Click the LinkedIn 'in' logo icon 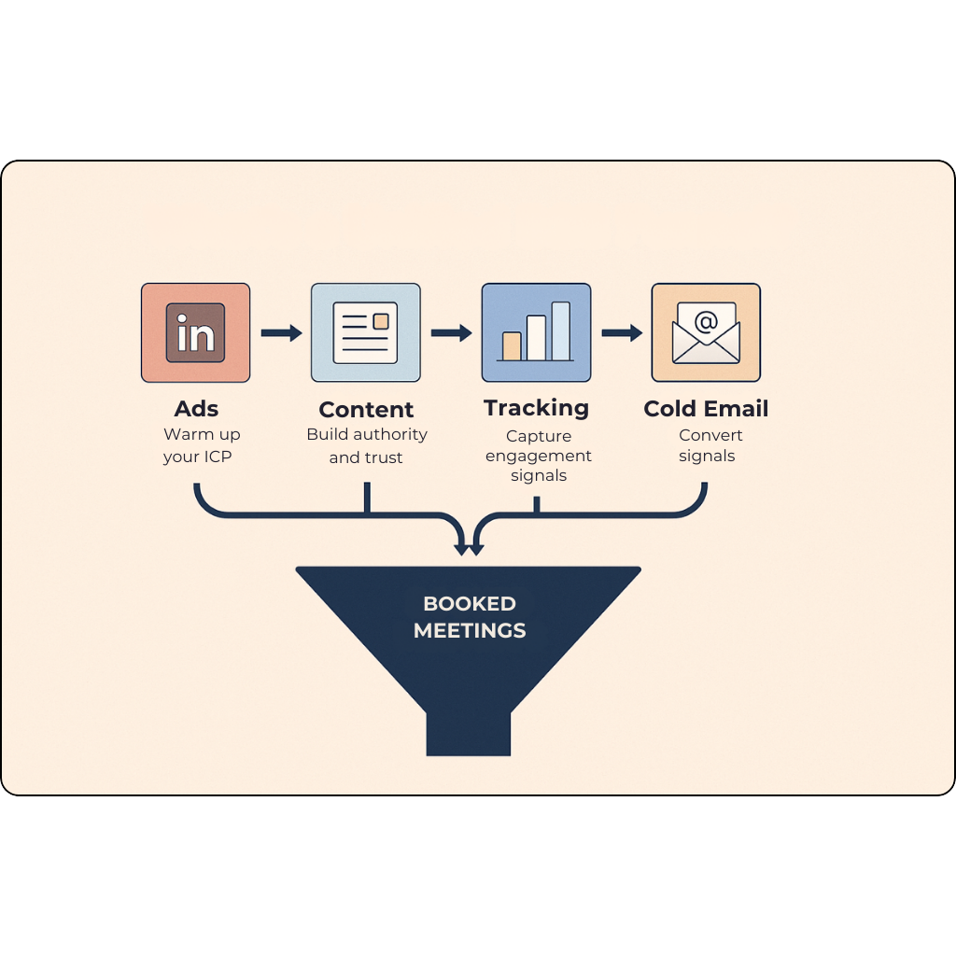pyautogui.click(x=195, y=333)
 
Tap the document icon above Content pyautogui.click(x=365, y=333)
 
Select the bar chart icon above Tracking pyautogui.click(x=536, y=333)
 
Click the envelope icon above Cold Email pyautogui.click(x=706, y=333)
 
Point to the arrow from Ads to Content pyautogui.click(x=281, y=333)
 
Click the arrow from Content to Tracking pyautogui.click(x=451, y=333)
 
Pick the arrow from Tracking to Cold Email pyautogui.click(x=622, y=333)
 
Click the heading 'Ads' pyautogui.click(x=196, y=409)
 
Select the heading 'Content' pyautogui.click(x=366, y=410)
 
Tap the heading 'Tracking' pyautogui.click(x=536, y=408)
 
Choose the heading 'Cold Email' pyautogui.click(x=706, y=409)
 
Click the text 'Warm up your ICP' pyautogui.click(x=202, y=446)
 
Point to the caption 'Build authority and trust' pyautogui.click(x=366, y=446)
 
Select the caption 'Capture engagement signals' pyautogui.click(x=539, y=456)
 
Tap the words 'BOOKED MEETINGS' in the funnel pyautogui.click(x=469, y=617)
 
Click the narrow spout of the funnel pyautogui.click(x=469, y=733)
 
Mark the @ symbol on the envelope pyautogui.click(x=707, y=323)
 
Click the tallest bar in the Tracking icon pyautogui.click(x=560, y=330)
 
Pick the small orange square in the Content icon pyautogui.click(x=381, y=321)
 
